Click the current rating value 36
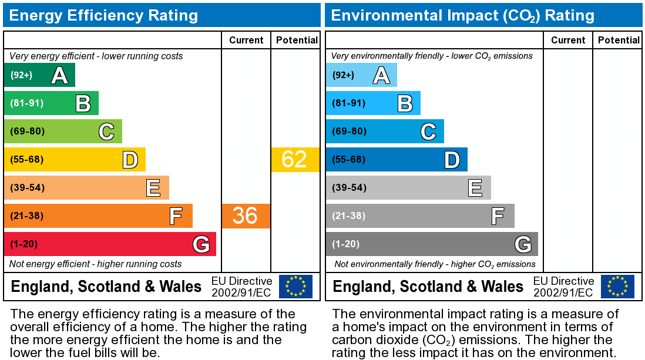point(245,216)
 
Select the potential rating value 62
point(294,159)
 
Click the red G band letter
point(200,244)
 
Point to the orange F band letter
point(176,216)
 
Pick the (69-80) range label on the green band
point(27,131)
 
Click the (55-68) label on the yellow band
point(27,159)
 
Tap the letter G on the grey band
point(522,244)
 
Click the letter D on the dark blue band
point(451,159)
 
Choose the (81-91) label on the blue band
point(349,103)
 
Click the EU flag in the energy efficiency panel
point(295,286)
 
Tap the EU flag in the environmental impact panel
point(617,286)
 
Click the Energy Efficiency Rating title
point(103,15)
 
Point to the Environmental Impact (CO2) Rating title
point(462,15)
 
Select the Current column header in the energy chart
point(246,40)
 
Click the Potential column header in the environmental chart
point(619,40)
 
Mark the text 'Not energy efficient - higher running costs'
point(96,264)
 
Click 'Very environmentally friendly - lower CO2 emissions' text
point(432,56)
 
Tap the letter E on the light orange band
point(153,188)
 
